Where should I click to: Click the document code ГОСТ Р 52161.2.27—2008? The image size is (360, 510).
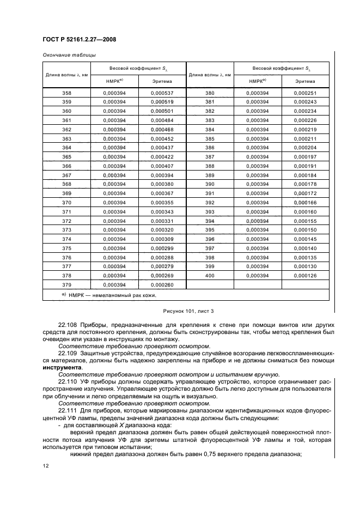click(79, 40)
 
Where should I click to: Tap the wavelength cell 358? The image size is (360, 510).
click(67, 93)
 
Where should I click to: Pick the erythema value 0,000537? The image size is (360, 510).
click(162, 93)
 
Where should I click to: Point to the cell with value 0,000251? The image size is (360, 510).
click(305, 93)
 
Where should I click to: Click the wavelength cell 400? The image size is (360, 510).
click(210, 276)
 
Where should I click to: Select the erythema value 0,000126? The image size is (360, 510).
click(305, 276)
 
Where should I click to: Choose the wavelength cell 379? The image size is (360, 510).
click(67, 284)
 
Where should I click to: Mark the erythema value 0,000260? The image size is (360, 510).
click(162, 284)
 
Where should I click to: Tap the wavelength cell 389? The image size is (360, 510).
click(210, 175)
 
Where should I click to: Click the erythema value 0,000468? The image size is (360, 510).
click(162, 130)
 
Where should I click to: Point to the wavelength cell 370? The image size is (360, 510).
click(67, 203)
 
